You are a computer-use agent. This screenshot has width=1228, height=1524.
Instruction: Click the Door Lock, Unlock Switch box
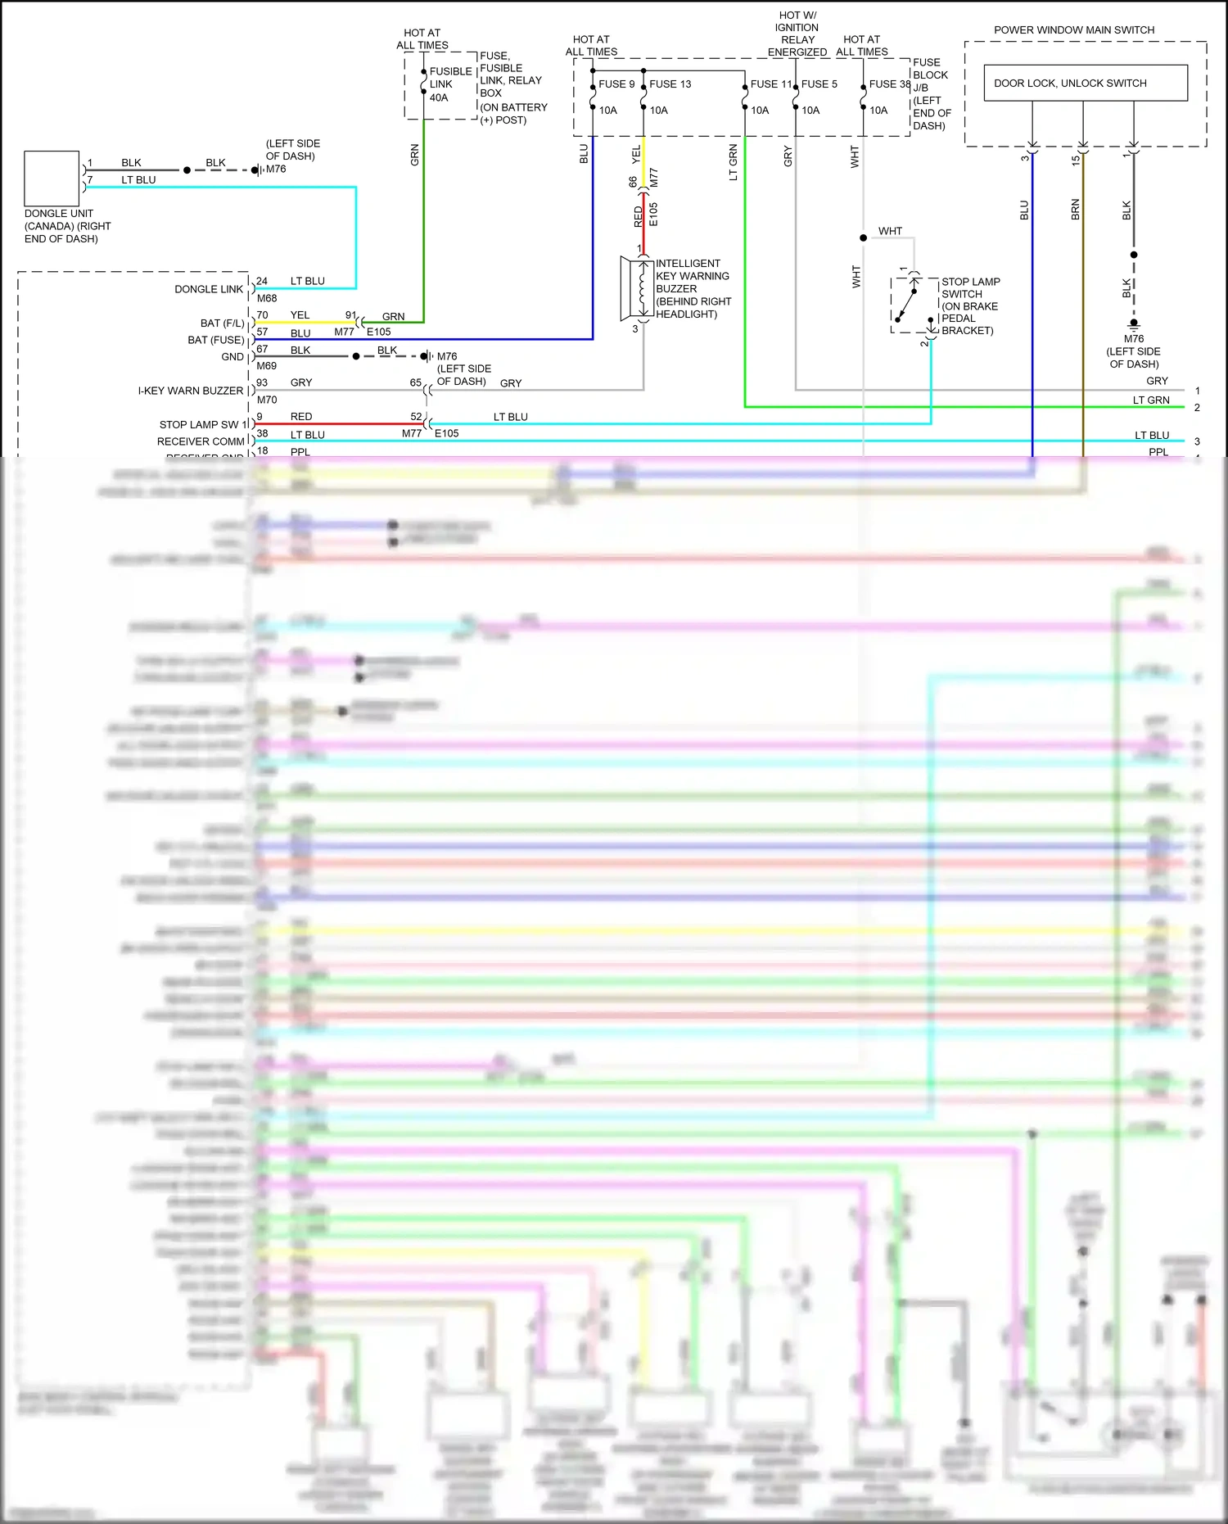coord(1085,83)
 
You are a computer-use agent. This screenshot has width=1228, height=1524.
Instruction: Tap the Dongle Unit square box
coord(52,178)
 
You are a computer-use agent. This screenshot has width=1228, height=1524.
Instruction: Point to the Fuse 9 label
coord(616,84)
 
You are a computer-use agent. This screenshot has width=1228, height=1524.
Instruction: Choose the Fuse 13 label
coord(670,84)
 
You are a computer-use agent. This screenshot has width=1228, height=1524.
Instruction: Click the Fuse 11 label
coord(770,84)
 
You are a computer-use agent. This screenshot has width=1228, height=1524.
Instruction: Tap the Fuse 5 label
coord(819,84)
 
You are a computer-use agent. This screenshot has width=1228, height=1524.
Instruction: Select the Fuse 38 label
coord(889,84)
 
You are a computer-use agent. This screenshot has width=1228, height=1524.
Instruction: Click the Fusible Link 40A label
coord(449,84)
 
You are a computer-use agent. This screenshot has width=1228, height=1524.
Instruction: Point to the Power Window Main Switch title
coord(1074,29)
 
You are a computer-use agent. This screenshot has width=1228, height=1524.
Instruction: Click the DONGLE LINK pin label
coord(208,289)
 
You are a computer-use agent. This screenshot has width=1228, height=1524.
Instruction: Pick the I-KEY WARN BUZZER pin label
coord(190,391)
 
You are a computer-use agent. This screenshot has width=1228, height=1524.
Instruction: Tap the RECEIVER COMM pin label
coord(201,441)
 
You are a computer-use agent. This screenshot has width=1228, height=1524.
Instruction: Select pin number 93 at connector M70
coord(262,382)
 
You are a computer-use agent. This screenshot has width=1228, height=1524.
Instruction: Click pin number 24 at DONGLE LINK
coord(262,281)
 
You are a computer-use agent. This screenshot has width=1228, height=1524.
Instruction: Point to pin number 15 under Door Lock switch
coord(1076,161)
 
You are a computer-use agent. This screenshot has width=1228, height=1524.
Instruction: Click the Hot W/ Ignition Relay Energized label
coord(797,34)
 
